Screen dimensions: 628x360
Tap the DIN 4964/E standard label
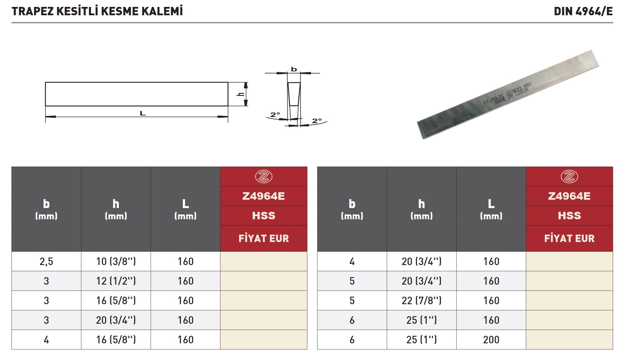583,12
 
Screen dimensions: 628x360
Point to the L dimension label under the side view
143,113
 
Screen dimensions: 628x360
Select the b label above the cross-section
294,69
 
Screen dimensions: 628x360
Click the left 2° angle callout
275,115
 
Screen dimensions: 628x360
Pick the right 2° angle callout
317,121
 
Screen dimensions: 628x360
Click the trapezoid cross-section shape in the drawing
294,94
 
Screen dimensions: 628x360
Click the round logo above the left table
264,176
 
